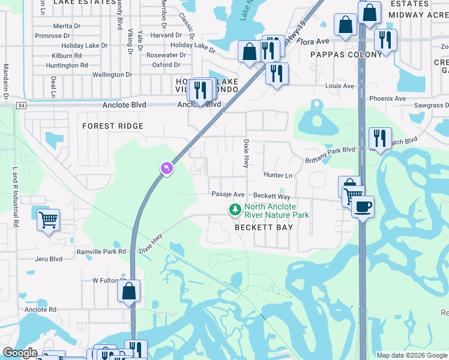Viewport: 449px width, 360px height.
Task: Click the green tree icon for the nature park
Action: (235, 209)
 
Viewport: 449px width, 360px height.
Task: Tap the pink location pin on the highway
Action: (166, 169)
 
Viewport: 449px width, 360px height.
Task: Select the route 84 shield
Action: (22, 105)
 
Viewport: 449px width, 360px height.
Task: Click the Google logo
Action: (19, 353)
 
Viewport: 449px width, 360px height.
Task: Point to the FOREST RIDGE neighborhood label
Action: (113, 126)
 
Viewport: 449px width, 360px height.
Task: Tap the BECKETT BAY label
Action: (264, 227)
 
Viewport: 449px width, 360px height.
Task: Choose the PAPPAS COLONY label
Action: (346, 55)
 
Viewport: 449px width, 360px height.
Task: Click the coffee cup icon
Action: (363, 207)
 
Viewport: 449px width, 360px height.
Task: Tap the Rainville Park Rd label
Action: (101, 252)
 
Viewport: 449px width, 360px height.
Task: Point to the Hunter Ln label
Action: (278, 175)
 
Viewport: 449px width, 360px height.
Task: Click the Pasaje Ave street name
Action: (228, 194)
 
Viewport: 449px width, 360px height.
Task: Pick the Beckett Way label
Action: (271, 196)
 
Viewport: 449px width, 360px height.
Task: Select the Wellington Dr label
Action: (113, 75)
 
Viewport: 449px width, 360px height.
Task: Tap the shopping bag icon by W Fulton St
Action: (129, 292)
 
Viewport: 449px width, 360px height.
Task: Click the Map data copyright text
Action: (412, 355)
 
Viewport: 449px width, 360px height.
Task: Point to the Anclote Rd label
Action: (41, 310)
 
